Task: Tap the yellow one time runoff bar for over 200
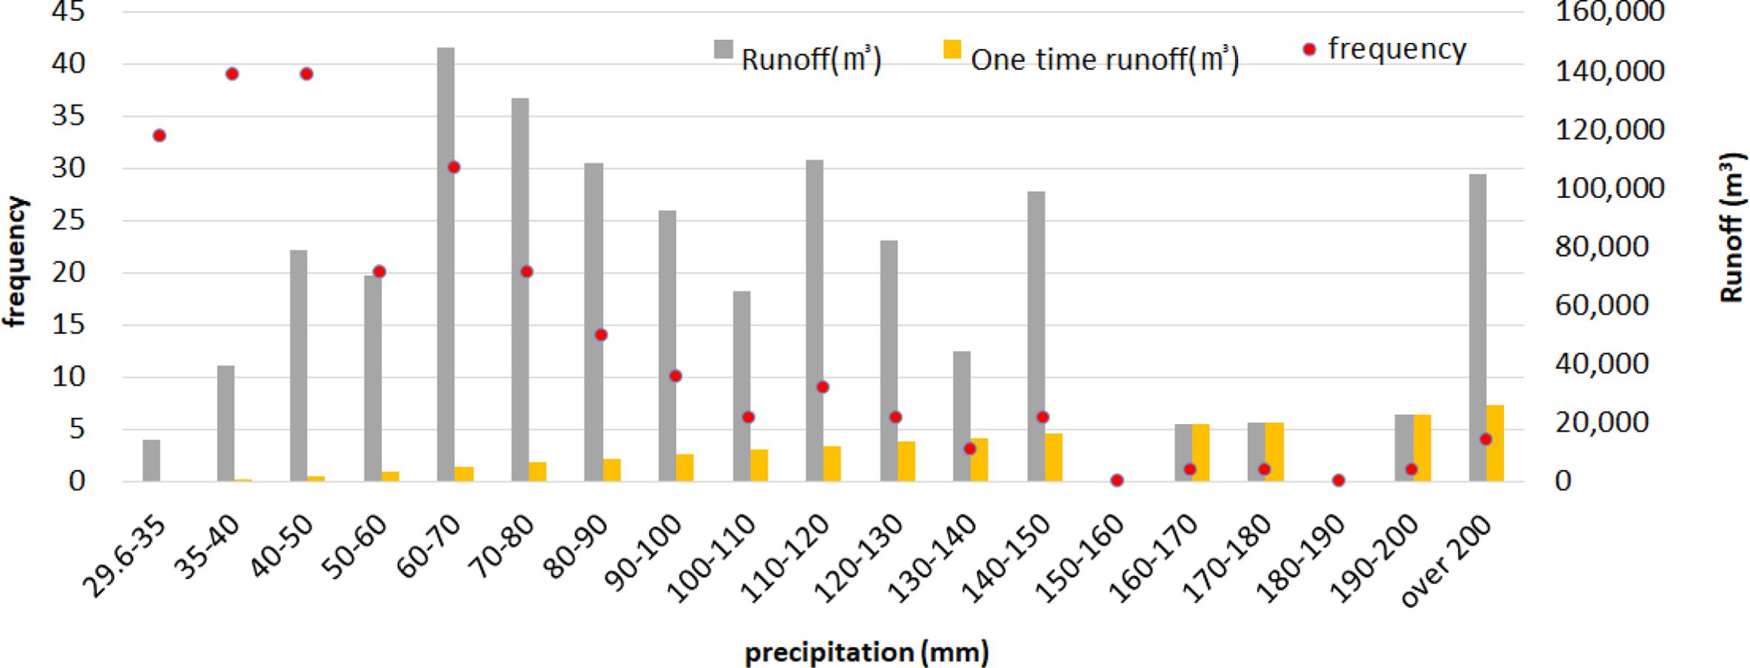pos(1494,443)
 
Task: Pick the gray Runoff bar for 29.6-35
pos(151,460)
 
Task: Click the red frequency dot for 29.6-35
pos(159,136)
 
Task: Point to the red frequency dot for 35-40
pos(232,74)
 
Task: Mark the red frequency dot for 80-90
pos(601,335)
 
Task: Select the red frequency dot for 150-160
pos(1117,480)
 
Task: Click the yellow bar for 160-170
pos(1200,453)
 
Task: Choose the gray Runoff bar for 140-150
pos(1036,337)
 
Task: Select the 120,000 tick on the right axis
pos(1598,130)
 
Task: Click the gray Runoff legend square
pos(723,50)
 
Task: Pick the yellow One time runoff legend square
pos(951,50)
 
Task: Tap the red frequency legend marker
pos(1310,50)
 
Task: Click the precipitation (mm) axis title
pos(866,652)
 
